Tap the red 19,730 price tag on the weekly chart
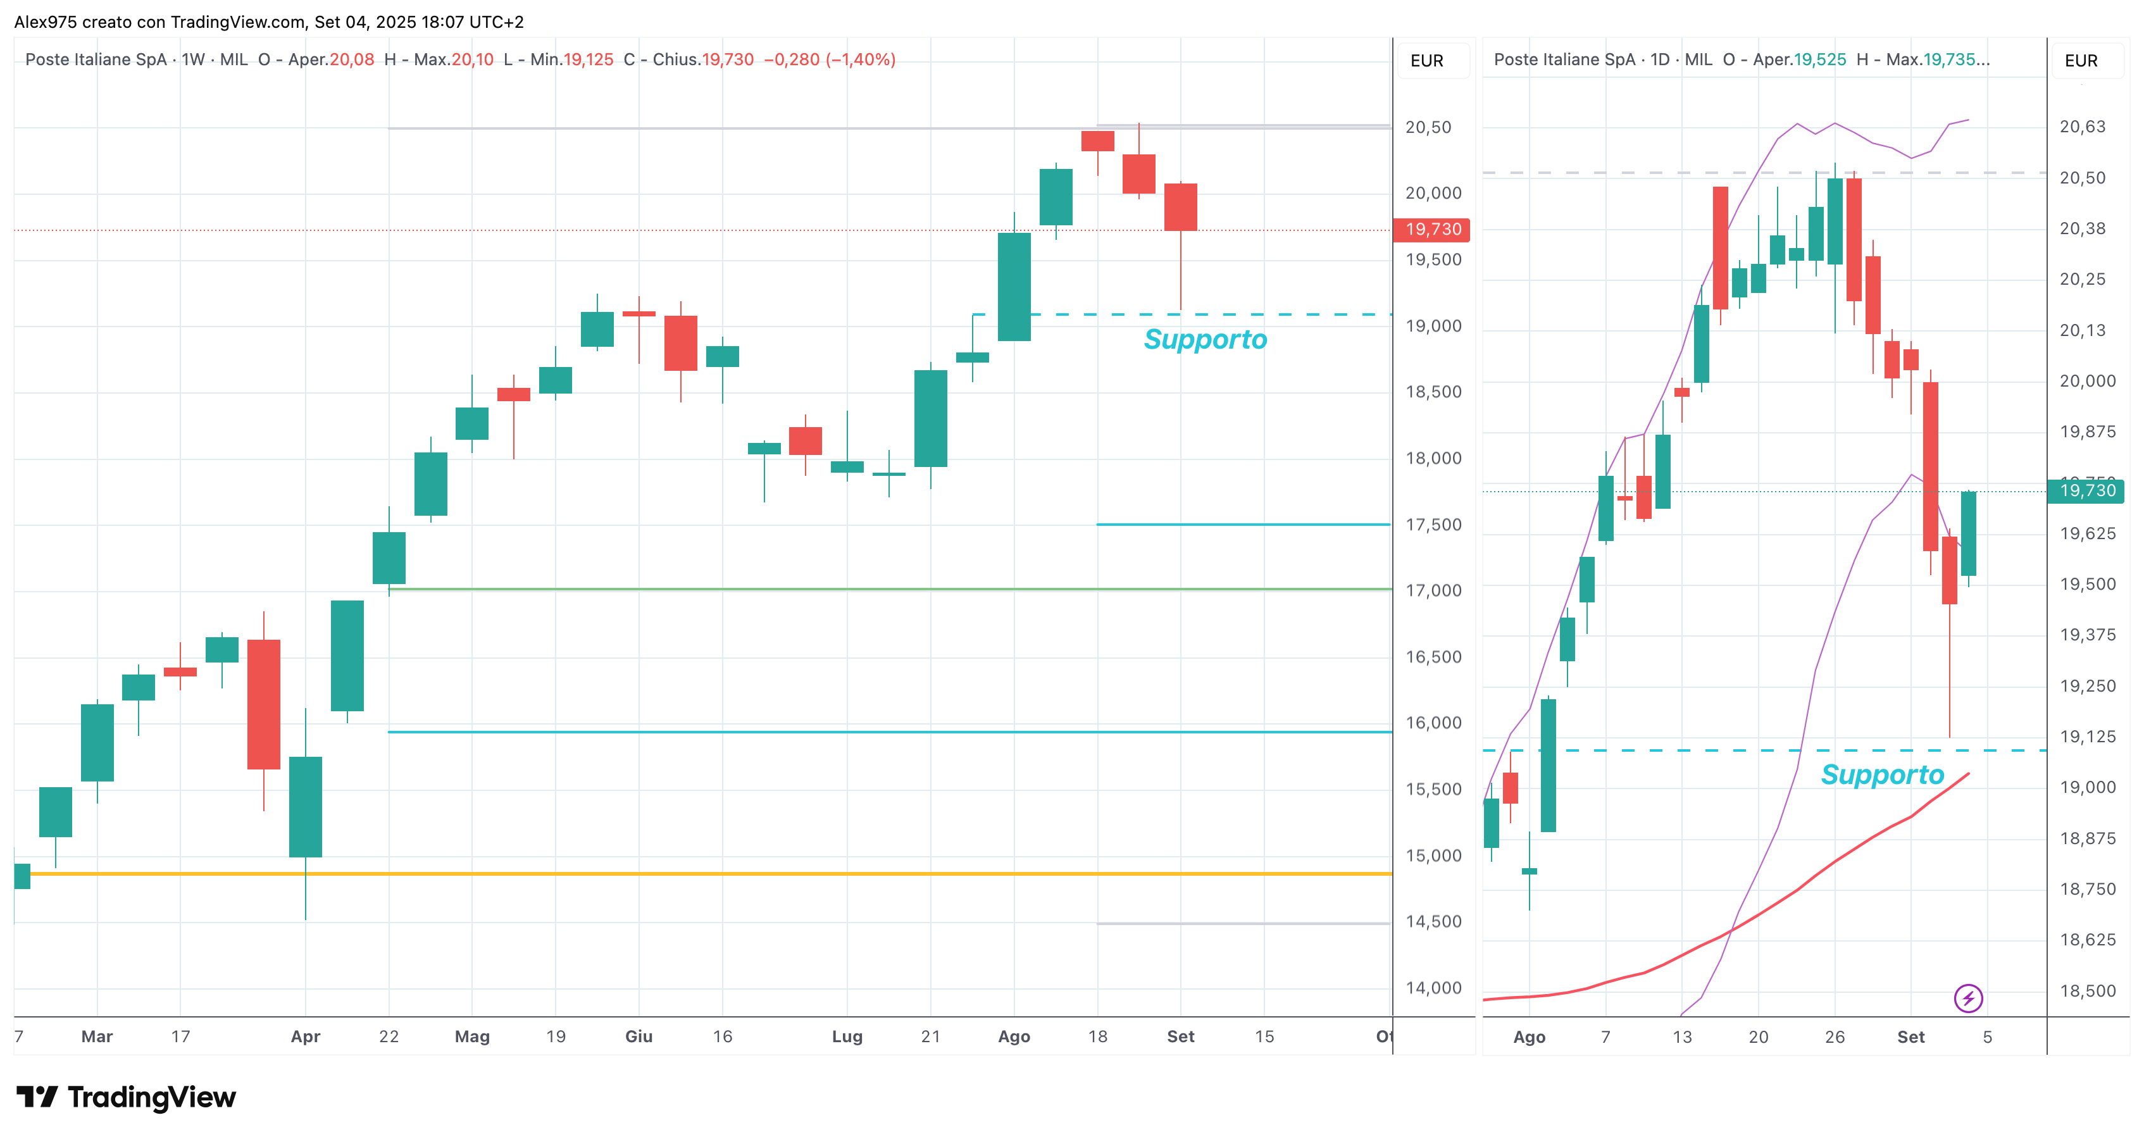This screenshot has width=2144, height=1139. coord(1431,230)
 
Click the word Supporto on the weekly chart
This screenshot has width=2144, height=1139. coord(1204,339)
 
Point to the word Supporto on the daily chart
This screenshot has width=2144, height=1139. coord(1882,775)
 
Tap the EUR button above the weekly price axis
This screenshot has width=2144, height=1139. coord(1426,61)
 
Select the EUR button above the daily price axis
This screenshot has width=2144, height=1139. coord(2081,61)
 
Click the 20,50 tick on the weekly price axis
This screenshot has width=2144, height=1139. coord(1428,127)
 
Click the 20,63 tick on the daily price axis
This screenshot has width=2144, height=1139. coord(2083,127)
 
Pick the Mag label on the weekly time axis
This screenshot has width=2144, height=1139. coord(472,1036)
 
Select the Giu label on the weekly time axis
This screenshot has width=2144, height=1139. coord(639,1036)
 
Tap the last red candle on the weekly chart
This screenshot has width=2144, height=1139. coord(1180,207)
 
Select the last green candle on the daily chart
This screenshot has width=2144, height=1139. coord(1968,533)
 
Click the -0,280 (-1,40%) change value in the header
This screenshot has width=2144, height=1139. coord(829,60)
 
